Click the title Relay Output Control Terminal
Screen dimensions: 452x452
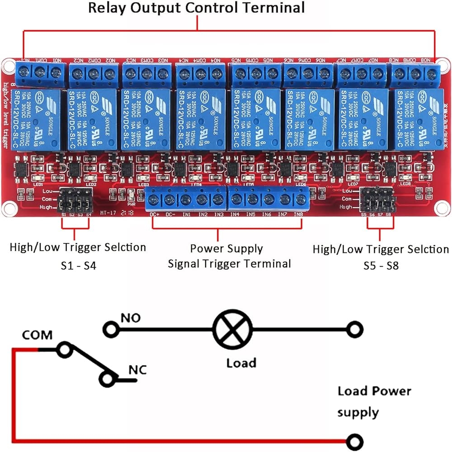click(x=196, y=8)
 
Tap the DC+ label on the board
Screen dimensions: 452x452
click(x=155, y=215)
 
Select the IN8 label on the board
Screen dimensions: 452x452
click(x=298, y=215)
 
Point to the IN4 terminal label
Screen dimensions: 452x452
click(x=234, y=215)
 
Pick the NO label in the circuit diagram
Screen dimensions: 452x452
click(x=130, y=318)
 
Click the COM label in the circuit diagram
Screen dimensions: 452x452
click(x=37, y=335)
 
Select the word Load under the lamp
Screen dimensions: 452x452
click(x=241, y=362)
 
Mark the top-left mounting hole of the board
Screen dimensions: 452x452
click(x=7, y=66)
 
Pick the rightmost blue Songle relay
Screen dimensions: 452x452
click(x=417, y=119)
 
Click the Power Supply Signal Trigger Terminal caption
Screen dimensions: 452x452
click(x=229, y=256)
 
